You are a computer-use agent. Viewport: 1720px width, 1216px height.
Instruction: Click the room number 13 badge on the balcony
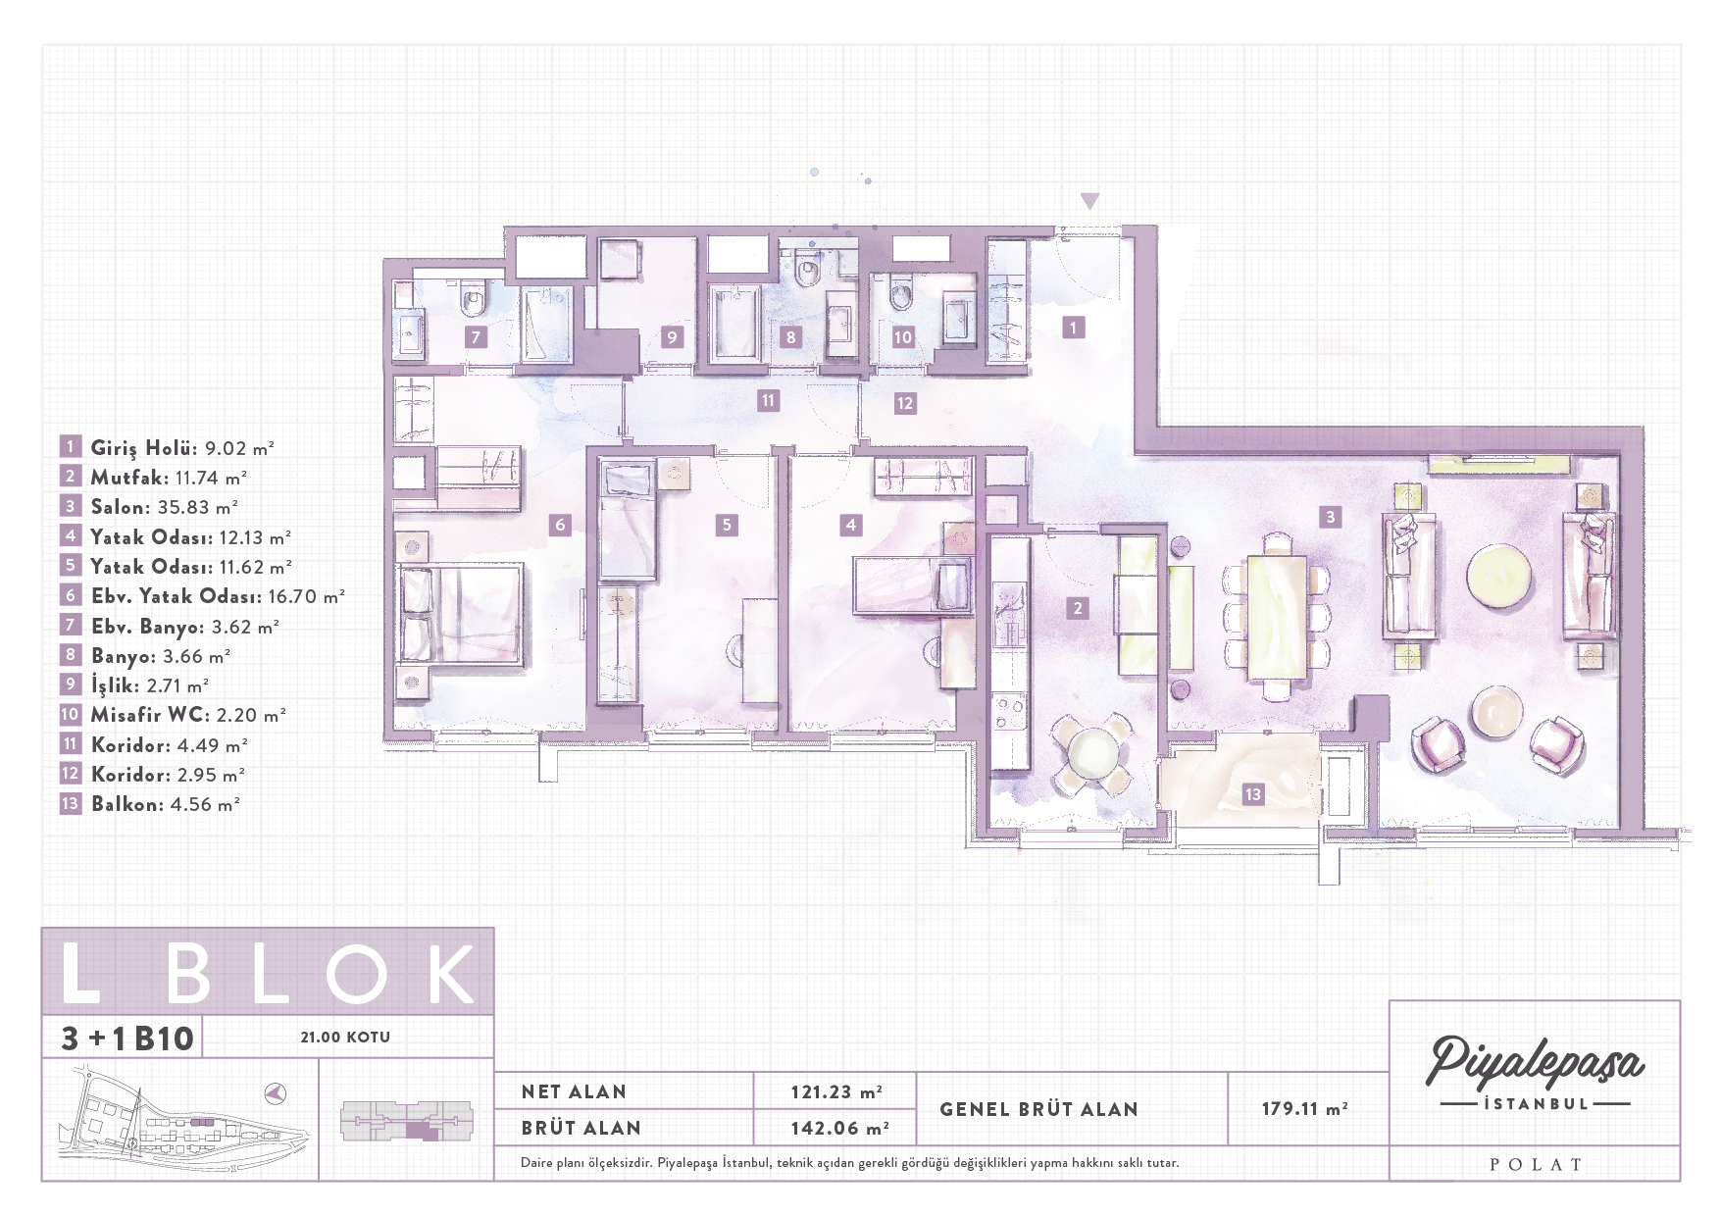click(1252, 794)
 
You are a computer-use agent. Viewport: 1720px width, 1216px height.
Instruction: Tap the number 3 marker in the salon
click(1330, 517)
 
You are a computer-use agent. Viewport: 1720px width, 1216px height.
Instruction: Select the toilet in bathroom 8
click(808, 269)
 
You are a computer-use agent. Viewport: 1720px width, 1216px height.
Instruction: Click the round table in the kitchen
click(1091, 751)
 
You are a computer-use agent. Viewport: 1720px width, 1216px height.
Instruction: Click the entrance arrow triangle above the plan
click(1089, 201)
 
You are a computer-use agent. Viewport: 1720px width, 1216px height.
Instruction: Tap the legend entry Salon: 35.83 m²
click(164, 507)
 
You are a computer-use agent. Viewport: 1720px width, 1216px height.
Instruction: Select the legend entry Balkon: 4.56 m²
click(165, 804)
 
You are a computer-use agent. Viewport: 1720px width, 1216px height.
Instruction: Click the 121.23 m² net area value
click(836, 1091)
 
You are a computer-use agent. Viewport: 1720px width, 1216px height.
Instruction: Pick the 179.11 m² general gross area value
click(1304, 1108)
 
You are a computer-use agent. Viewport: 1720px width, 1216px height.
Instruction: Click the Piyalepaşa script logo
click(1535, 1062)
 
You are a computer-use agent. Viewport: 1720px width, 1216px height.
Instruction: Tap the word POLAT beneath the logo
click(1536, 1164)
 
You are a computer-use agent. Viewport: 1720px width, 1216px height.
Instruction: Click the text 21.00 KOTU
click(345, 1037)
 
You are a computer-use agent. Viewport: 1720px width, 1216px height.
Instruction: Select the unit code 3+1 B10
click(127, 1038)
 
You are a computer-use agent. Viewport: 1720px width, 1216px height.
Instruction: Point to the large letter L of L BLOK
click(80, 973)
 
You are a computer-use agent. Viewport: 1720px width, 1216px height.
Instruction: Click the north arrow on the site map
click(276, 1092)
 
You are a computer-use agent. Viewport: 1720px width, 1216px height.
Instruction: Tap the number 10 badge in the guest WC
click(902, 336)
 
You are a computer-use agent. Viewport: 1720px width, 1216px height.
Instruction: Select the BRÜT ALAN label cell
click(581, 1128)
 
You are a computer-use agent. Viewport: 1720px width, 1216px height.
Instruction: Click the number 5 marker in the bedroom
click(726, 525)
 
